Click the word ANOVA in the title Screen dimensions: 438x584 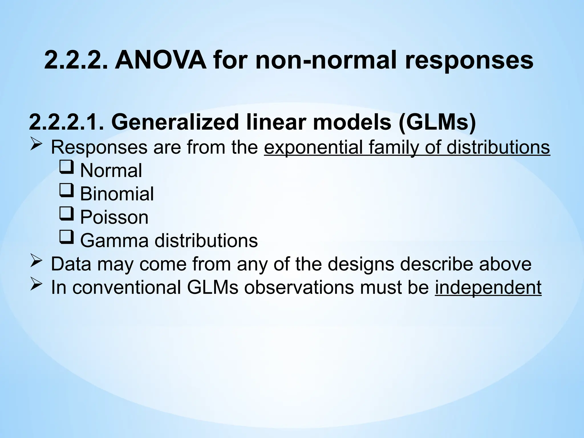pos(161,60)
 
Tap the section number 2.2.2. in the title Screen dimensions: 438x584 pos(76,60)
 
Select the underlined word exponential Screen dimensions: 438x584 pos(313,147)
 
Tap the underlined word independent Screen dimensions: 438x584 pos(488,287)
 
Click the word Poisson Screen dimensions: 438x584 pos(114,217)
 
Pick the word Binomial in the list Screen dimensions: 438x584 pos(117,194)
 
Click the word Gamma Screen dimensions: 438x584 pos(114,241)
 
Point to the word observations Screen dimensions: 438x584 pos(299,287)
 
